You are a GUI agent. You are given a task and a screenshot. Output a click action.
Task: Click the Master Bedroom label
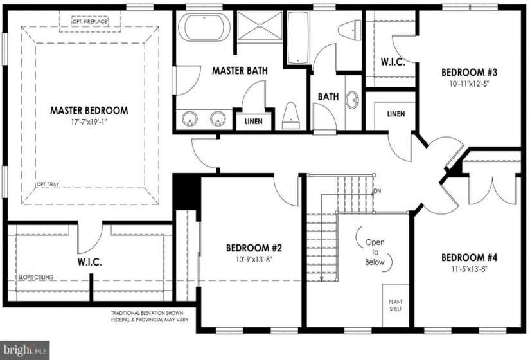[x=89, y=111]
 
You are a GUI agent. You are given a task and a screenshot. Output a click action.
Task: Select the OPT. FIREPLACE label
[x=89, y=22]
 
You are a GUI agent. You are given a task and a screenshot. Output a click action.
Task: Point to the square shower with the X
[x=260, y=25]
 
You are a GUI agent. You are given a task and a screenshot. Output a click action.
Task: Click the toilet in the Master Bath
[x=290, y=116]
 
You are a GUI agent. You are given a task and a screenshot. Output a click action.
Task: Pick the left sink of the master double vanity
[x=190, y=119]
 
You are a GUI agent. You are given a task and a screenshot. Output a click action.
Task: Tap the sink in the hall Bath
[x=352, y=100]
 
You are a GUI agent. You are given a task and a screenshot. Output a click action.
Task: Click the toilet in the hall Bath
[x=349, y=30]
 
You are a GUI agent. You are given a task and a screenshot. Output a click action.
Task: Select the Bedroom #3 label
[x=469, y=73]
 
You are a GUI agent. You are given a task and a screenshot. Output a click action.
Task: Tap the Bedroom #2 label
[x=254, y=248]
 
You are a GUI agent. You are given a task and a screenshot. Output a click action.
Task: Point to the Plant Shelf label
[x=396, y=305]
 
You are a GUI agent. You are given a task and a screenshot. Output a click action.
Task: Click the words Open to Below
[x=375, y=252]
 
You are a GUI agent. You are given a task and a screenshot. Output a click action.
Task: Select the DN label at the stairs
[x=377, y=191]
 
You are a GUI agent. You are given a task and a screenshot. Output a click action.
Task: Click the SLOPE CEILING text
[x=35, y=277]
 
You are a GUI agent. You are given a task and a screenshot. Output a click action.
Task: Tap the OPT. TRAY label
[x=48, y=184]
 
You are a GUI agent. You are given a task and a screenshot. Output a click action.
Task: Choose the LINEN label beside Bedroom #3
[x=396, y=114]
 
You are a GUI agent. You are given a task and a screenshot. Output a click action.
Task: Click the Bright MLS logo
[x=24, y=350]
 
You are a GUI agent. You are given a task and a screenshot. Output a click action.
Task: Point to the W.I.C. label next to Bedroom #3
[x=393, y=62]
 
